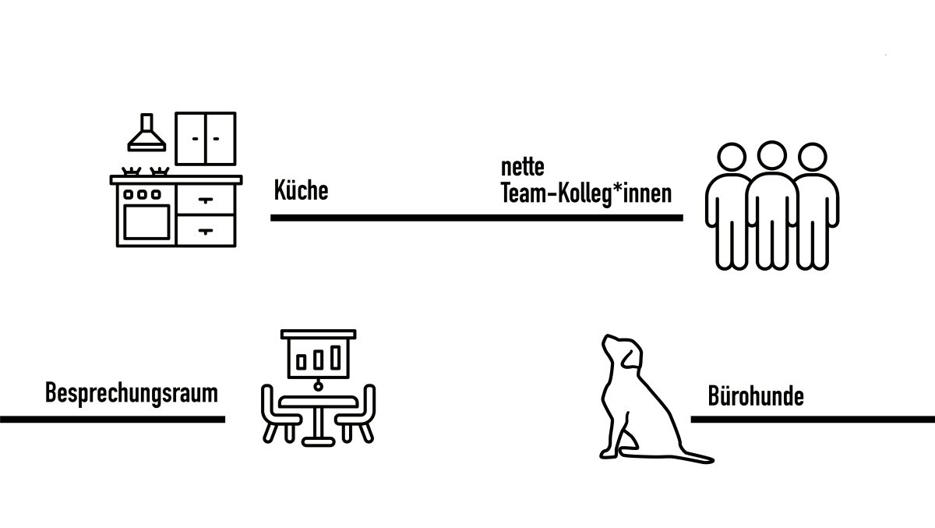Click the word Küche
[x=301, y=191]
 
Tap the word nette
[x=522, y=168]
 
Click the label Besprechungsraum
[x=131, y=392]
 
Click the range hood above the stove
[x=146, y=134]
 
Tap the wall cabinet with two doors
[x=205, y=138]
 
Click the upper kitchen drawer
[x=206, y=200]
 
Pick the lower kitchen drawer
[x=206, y=230]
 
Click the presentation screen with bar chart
[x=319, y=356]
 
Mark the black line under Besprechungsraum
[x=112, y=419]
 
